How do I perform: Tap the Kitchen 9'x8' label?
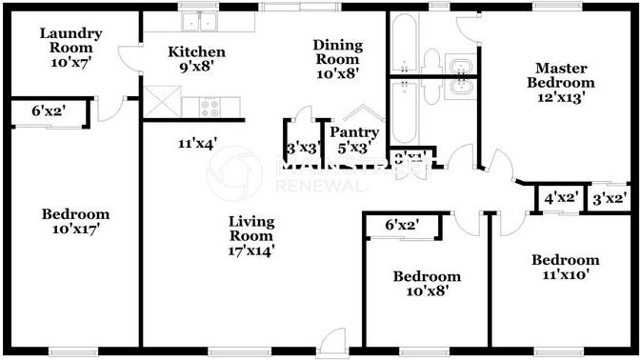click(197, 59)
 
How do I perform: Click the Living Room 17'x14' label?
click(250, 236)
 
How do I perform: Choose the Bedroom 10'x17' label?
click(75, 221)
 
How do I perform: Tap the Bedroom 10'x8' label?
click(427, 283)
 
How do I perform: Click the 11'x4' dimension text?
click(196, 144)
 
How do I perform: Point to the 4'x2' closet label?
click(561, 199)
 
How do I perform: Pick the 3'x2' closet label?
click(610, 199)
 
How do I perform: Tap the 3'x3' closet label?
click(304, 148)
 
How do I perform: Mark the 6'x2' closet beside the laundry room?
click(50, 112)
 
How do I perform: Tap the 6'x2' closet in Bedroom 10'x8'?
click(404, 226)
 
